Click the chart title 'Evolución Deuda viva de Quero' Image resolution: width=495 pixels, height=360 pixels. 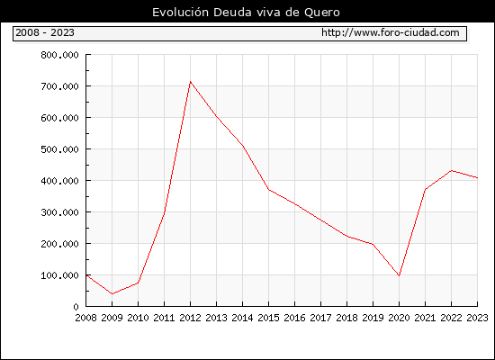click(x=246, y=13)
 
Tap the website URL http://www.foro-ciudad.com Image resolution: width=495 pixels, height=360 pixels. click(x=391, y=32)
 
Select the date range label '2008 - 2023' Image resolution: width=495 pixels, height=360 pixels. click(x=45, y=32)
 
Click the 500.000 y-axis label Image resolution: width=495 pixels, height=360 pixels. click(x=59, y=149)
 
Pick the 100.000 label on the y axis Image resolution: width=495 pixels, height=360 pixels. click(x=59, y=275)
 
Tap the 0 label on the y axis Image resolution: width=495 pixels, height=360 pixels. click(x=76, y=307)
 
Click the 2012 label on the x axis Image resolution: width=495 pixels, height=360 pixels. click(x=190, y=318)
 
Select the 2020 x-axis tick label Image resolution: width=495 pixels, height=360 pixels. click(x=399, y=318)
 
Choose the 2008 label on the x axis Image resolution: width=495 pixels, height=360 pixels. click(x=85, y=318)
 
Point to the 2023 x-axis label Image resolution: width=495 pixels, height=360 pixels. click(x=477, y=318)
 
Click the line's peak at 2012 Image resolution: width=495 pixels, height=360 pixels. click(x=190, y=82)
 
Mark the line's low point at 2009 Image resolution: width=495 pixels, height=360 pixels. click(x=112, y=294)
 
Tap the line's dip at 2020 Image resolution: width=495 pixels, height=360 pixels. click(x=399, y=275)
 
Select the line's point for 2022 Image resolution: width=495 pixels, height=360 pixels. click(x=452, y=170)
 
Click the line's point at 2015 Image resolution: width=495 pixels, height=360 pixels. click(x=269, y=190)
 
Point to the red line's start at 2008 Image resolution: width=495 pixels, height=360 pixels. click(x=86, y=275)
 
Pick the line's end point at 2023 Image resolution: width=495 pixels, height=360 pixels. click(x=477, y=178)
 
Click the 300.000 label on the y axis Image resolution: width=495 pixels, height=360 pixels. click(x=59, y=212)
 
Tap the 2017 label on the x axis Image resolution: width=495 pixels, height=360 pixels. click(x=320, y=318)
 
